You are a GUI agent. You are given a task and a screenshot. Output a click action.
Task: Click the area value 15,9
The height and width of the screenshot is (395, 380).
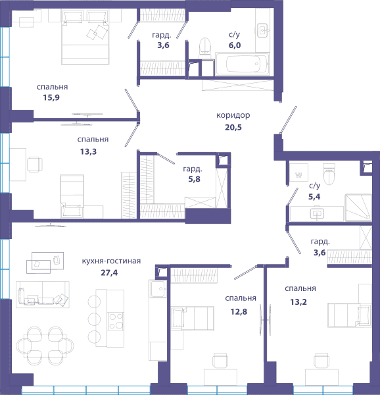(x=51, y=97)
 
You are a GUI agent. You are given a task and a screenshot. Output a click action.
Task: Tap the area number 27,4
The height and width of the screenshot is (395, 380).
(x=109, y=273)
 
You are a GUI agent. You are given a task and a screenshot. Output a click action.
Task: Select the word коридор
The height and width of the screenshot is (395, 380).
(x=233, y=115)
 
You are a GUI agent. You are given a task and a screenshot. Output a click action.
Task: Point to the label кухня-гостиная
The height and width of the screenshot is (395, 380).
(x=111, y=261)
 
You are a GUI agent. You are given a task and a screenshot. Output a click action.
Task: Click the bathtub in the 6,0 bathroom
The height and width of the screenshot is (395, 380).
(x=243, y=64)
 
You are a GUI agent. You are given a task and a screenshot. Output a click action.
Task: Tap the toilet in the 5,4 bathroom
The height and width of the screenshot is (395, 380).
(x=329, y=174)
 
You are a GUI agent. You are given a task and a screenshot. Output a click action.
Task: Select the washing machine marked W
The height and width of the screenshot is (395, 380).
(x=298, y=172)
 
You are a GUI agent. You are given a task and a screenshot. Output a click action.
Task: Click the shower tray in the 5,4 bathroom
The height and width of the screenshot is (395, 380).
(x=358, y=207)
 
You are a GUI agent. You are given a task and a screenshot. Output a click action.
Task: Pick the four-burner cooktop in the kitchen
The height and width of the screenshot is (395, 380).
(x=116, y=321)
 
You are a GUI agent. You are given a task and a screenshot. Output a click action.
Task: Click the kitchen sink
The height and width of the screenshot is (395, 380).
(x=158, y=289)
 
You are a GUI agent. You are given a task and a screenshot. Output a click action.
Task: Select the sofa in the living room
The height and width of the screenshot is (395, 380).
(x=43, y=294)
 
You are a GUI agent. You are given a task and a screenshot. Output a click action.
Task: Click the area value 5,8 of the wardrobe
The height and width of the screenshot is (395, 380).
(x=195, y=179)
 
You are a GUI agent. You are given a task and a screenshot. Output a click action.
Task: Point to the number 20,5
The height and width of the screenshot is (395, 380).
(x=233, y=127)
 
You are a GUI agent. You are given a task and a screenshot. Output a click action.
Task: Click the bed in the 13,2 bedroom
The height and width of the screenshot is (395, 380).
(x=350, y=315)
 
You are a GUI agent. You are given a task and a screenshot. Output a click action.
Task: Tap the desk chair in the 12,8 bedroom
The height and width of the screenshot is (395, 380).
(x=220, y=360)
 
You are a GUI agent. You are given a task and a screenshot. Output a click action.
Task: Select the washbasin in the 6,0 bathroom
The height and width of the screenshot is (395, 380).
(x=262, y=30)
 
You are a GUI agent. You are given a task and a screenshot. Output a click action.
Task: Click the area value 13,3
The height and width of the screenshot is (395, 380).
(x=88, y=151)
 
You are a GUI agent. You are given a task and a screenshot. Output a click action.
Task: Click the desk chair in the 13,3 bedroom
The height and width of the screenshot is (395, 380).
(x=35, y=164)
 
